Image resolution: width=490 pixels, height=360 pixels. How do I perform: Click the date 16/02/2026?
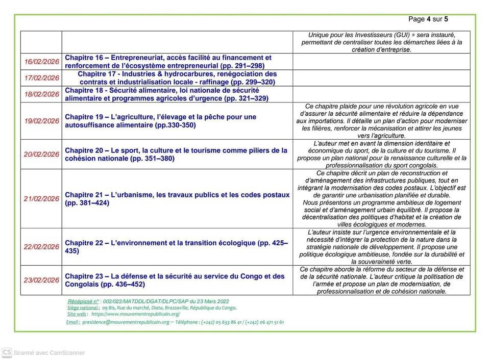(x=42, y=62)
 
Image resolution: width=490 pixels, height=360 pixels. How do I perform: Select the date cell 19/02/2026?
(x=42, y=121)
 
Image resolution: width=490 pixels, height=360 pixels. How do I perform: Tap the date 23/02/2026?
(x=42, y=280)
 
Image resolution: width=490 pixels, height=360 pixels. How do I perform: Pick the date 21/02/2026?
(x=42, y=199)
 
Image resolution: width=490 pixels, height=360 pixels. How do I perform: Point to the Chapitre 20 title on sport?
(x=176, y=155)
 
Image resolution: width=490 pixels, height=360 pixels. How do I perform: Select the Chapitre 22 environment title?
(x=176, y=247)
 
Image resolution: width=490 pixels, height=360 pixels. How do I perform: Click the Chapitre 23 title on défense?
(x=175, y=280)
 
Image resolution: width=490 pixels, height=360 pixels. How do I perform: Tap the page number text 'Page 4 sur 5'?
(x=428, y=19)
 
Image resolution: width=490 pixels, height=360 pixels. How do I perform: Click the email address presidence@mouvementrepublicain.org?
(x=126, y=322)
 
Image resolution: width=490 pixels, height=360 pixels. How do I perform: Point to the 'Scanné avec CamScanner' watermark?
(x=49, y=352)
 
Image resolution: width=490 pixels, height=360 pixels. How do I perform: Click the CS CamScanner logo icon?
(x=7, y=352)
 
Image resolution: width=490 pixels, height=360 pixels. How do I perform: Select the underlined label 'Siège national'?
(x=83, y=308)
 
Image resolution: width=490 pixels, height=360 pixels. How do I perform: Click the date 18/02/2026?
(x=42, y=94)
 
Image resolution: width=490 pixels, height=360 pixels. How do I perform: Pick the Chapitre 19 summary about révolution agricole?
(x=381, y=121)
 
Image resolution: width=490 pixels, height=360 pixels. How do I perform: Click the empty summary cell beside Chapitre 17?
(x=381, y=78)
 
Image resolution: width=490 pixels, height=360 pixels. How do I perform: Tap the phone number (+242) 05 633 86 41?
(x=222, y=322)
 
